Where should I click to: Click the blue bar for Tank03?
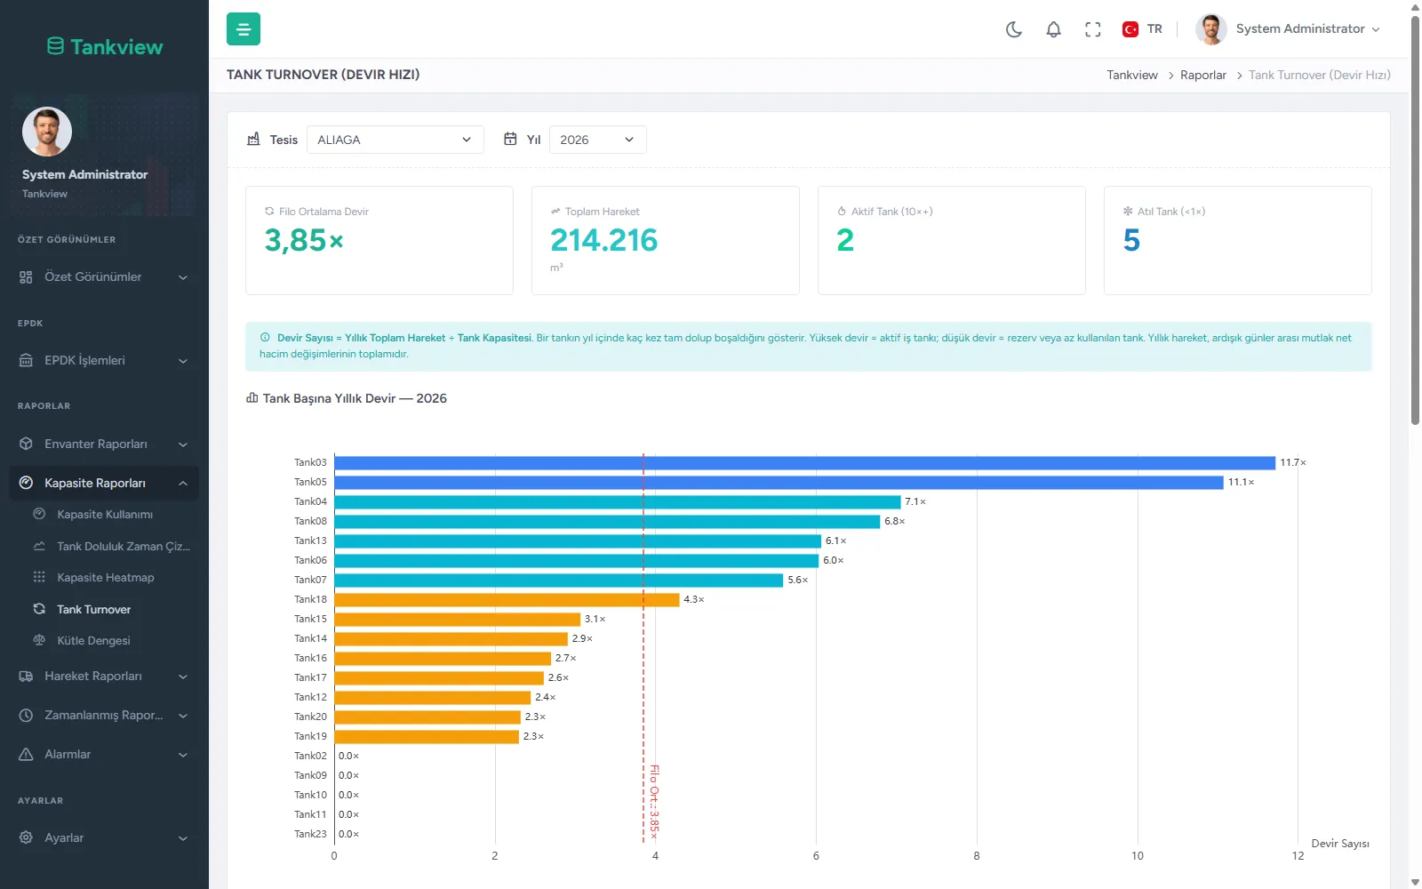804,463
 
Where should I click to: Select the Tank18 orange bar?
507,599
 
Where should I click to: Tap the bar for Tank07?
559,580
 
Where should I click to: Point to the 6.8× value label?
894,521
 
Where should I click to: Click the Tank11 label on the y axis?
310,814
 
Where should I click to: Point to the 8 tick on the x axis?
977,856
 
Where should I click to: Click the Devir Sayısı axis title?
1340,844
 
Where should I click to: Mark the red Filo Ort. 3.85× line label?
654,802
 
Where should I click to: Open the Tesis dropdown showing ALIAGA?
395,140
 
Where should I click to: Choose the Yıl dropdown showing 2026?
597,140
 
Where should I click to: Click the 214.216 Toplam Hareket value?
603,240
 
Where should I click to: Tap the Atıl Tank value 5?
1131,240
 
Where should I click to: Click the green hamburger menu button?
244,28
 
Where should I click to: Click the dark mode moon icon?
1014,29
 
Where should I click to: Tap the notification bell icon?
1053,29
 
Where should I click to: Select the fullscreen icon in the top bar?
1092,29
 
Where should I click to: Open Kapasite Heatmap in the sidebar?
106,577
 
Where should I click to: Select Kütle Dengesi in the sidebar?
93,640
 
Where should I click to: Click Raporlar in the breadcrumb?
1203,75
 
